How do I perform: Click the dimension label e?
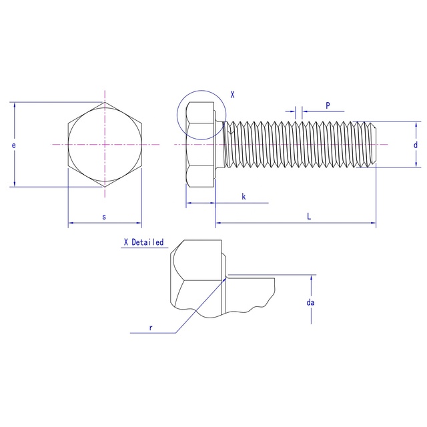click(x=13, y=145)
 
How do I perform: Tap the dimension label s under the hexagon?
click(x=104, y=217)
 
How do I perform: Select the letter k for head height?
click(x=244, y=196)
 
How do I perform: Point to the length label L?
click(x=309, y=216)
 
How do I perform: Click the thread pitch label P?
click(x=328, y=105)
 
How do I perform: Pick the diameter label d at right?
click(x=415, y=145)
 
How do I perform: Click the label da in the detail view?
click(x=310, y=302)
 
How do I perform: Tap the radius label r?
click(x=151, y=328)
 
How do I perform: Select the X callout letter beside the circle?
click(x=232, y=95)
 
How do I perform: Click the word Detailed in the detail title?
click(x=147, y=242)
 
